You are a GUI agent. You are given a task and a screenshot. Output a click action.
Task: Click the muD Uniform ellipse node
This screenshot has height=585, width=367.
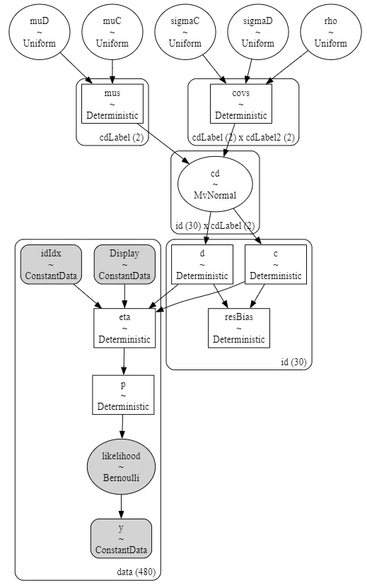pyautogui.click(x=39, y=32)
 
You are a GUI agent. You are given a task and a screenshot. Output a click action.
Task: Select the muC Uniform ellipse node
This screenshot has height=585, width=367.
pyautogui.click(x=112, y=32)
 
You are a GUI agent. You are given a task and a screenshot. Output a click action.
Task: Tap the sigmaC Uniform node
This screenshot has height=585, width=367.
pyautogui.click(x=185, y=32)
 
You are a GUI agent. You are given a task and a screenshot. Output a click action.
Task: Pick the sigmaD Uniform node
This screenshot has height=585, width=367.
pyautogui.click(x=257, y=32)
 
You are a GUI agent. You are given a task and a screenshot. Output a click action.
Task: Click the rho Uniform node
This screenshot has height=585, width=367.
pyautogui.click(x=330, y=32)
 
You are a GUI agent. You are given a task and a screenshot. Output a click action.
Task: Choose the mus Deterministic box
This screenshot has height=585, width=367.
pyautogui.click(x=112, y=104)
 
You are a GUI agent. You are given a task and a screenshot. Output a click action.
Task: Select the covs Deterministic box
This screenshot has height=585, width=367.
pyautogui.click(x=241, y=104)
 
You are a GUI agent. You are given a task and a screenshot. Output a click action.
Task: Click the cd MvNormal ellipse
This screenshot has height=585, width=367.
pyautogui.click(x=215, y=184)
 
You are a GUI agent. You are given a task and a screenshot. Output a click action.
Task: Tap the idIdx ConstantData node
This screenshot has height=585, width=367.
pyautogui.click(x=51, y=264)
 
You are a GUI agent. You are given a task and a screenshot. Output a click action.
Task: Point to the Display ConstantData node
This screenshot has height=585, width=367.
pyautogui.click(x=124, y=264)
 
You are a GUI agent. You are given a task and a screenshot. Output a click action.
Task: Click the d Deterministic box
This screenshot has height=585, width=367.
pyautogui.click(x=202, y=264)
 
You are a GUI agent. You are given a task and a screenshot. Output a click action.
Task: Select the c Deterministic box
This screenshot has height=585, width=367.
pyautogui.click(x=276, y=264)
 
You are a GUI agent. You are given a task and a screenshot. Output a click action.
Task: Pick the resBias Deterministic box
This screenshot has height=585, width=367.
pyautogui.click(x=239, y=328)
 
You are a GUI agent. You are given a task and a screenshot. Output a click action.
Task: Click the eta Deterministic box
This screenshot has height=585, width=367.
pyautogui.click(x=124, y=328)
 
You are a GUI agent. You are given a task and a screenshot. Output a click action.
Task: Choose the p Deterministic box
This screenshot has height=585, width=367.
pyautogui.click(x=123, y=395)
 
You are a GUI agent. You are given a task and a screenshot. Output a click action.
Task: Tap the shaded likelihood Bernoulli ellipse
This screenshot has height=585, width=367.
pyautogui.click(x=121, y=467)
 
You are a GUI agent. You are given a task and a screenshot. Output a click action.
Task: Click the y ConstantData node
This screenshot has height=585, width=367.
pyautogui.click(x=121, y=538)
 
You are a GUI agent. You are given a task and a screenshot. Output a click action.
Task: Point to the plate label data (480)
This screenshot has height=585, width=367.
pyautogui.click(x=136, y=572)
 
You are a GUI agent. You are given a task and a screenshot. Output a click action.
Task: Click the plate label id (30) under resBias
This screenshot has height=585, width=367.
pyautogui.click(x=293, y=362)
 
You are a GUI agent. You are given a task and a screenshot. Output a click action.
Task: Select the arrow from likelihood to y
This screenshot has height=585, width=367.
pyautogui.click(x=121, y=507)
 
